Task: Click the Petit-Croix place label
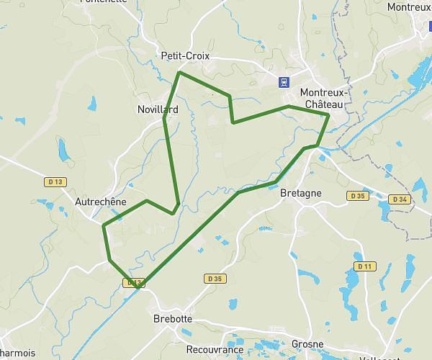click(185, 55)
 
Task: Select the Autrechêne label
click(100, 202)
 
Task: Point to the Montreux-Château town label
click(324, 99)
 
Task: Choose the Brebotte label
click(173, 318)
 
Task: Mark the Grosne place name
click(307, 344)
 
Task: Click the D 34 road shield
click(400, 199)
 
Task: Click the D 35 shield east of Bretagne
click(356, 196)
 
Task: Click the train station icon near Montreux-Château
click(286, 81)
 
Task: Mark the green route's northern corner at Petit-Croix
click(179, 73)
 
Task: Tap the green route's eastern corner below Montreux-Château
click(328, 114)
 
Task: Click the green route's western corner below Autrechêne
click(104, 226)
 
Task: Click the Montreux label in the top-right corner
click(408, 7)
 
